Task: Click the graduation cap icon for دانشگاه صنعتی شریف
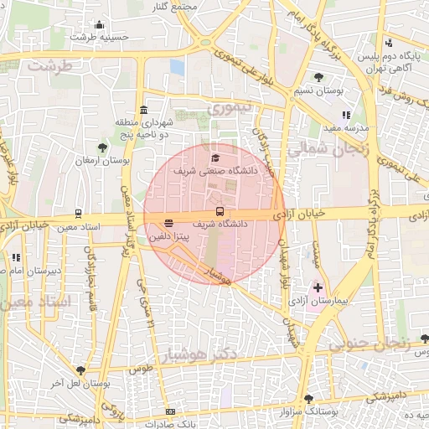(214, 158)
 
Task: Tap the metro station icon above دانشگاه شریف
(220, 211)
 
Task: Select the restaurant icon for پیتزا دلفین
(169, 224)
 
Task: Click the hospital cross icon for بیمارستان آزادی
(318, 287)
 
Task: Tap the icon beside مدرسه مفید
(346, 116)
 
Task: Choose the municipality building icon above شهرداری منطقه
(144, 111)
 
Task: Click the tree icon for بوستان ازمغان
(102, 147)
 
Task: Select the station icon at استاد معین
(78, 214)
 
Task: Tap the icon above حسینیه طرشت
(100, 24)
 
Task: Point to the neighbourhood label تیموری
(230, 108)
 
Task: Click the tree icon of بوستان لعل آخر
(81, 370)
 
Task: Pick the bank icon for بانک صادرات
(170, 412)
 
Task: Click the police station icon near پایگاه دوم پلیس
(388, 44)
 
